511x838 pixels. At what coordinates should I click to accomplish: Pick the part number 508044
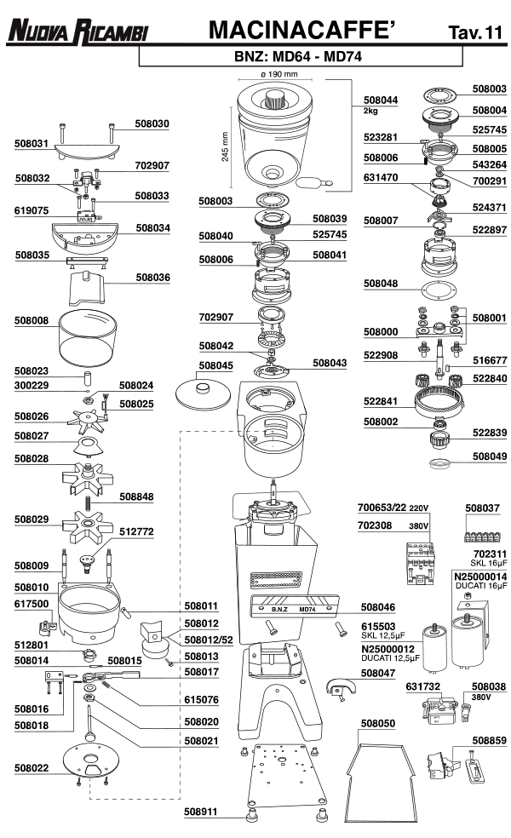click(380, 100)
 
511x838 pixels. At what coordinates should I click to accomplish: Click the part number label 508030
click(152, 123)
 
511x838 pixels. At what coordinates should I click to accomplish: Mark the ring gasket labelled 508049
click(439, 462)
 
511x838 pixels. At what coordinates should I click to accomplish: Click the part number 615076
click(202, 699)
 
